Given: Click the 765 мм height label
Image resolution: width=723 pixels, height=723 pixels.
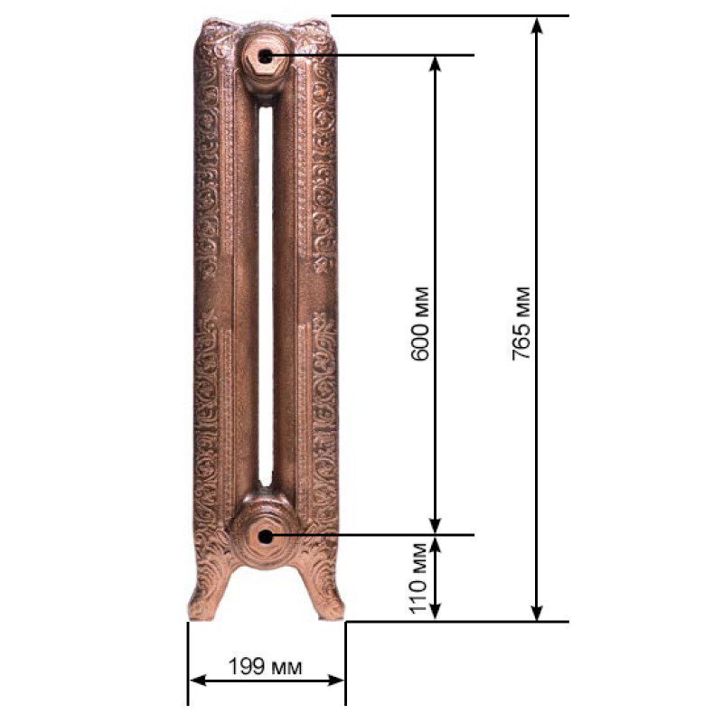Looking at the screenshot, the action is [x=521, y=323].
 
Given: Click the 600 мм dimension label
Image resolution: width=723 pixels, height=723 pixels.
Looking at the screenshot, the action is [x=419, y=324].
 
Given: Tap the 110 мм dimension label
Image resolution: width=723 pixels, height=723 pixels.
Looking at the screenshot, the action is [x=419, y=578].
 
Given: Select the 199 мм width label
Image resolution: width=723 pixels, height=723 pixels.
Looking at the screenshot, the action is [x=265, y=666].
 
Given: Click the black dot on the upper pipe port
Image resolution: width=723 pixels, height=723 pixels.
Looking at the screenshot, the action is [x=265, y=57].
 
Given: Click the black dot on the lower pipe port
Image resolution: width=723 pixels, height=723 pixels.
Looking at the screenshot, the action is [x=265, y=537].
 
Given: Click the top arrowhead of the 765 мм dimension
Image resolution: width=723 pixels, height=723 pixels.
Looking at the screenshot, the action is [x=536, y=26].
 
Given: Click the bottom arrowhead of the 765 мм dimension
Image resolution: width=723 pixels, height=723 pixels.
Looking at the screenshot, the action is [x=536, y=613].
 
